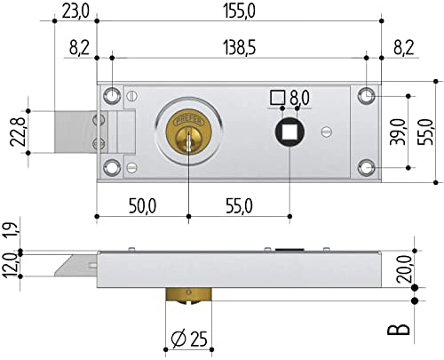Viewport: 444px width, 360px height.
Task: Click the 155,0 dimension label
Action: (x=239, y=12)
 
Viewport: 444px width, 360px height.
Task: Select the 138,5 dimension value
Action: (x=240, y=48)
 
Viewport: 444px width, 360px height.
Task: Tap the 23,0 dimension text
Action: (x=75, y=12)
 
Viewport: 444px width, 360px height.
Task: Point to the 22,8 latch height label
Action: (x=17, y=132)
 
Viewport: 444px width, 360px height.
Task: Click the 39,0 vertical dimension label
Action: (x=397, y=132)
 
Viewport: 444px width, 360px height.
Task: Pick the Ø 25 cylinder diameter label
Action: (x=189, y=338)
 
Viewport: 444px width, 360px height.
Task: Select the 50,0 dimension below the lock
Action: (x=142, y=206)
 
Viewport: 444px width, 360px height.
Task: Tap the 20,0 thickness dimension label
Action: (x=404, y=269)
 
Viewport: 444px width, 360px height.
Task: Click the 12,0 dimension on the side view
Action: (x=11, y=265)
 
